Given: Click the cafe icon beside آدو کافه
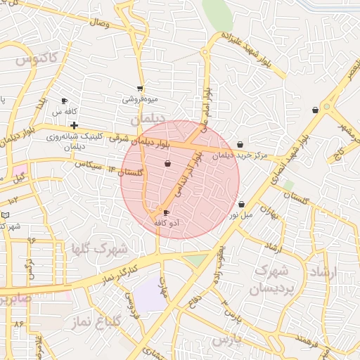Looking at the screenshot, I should (x=166, y=212).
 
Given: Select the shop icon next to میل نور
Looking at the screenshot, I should (x=242, y=205).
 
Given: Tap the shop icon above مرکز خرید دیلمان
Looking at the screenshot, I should (x=240, y=144).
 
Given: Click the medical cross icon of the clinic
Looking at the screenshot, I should (x=74, y=125).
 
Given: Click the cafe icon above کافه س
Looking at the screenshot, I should (x=64, y=101).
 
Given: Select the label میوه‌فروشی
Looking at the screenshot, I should (x=141, y=99).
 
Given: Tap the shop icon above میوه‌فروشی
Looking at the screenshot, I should (x=141, y=89).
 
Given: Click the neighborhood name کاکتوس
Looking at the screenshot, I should (x=35, y=60).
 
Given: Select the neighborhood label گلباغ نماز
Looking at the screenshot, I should (x=96, y=321).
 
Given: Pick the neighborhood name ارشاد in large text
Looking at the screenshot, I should (x=324, y=271).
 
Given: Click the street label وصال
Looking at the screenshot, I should (x=100, y=23).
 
